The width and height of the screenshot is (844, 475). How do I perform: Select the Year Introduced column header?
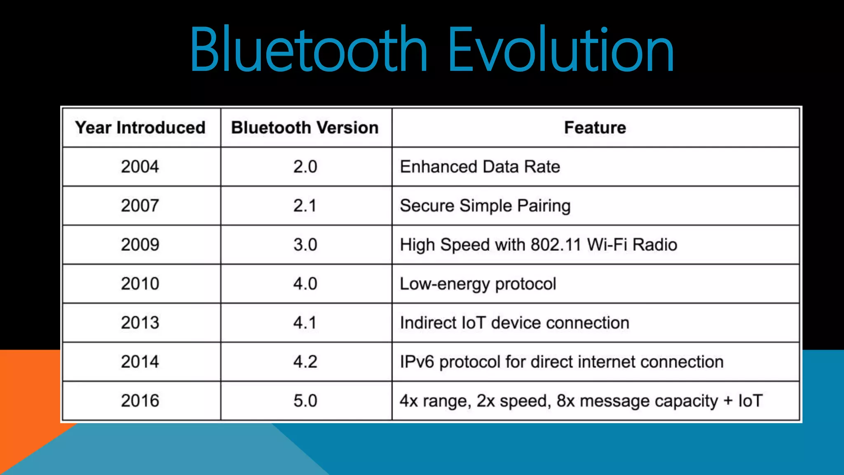140,128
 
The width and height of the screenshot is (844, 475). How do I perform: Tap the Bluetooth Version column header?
305,128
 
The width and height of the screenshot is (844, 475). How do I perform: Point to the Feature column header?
595,128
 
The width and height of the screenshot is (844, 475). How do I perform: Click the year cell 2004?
140,167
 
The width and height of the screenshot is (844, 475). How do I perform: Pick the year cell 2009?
140,245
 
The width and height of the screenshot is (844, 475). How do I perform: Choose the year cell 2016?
140,401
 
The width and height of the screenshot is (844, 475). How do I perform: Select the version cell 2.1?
305,206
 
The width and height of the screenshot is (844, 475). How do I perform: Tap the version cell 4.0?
305,284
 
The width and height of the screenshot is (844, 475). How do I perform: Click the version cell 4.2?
305,362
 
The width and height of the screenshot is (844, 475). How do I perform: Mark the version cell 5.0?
305,401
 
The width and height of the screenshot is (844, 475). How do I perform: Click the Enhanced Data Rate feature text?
480,167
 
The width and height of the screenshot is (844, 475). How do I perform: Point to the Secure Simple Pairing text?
485,206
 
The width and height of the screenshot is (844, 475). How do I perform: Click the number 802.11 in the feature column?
556,245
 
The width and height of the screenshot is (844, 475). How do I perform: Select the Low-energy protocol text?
478,284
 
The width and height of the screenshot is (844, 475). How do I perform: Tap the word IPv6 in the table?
417,362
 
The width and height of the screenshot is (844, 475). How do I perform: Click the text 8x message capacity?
637,401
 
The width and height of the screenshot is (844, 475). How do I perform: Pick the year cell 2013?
140,323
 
